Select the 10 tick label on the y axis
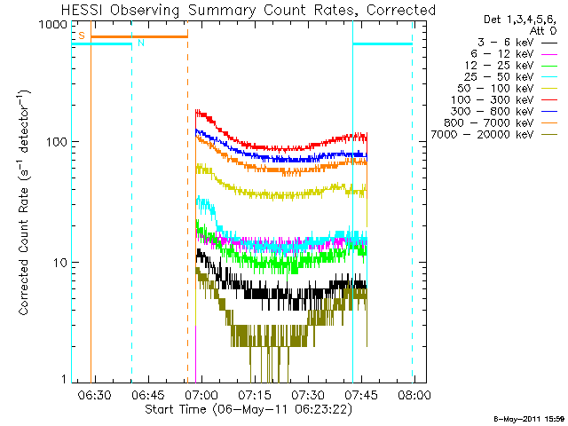(x=59, y=263)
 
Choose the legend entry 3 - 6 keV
(x=503, y=42)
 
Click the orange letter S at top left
(x=81, y=35)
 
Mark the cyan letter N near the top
(x=140, y=43)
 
